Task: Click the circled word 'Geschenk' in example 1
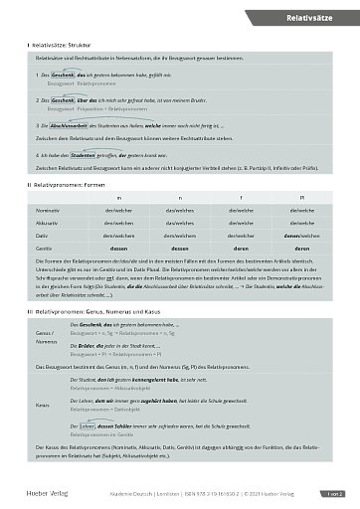(64, 75)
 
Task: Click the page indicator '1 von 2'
(329, 492)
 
